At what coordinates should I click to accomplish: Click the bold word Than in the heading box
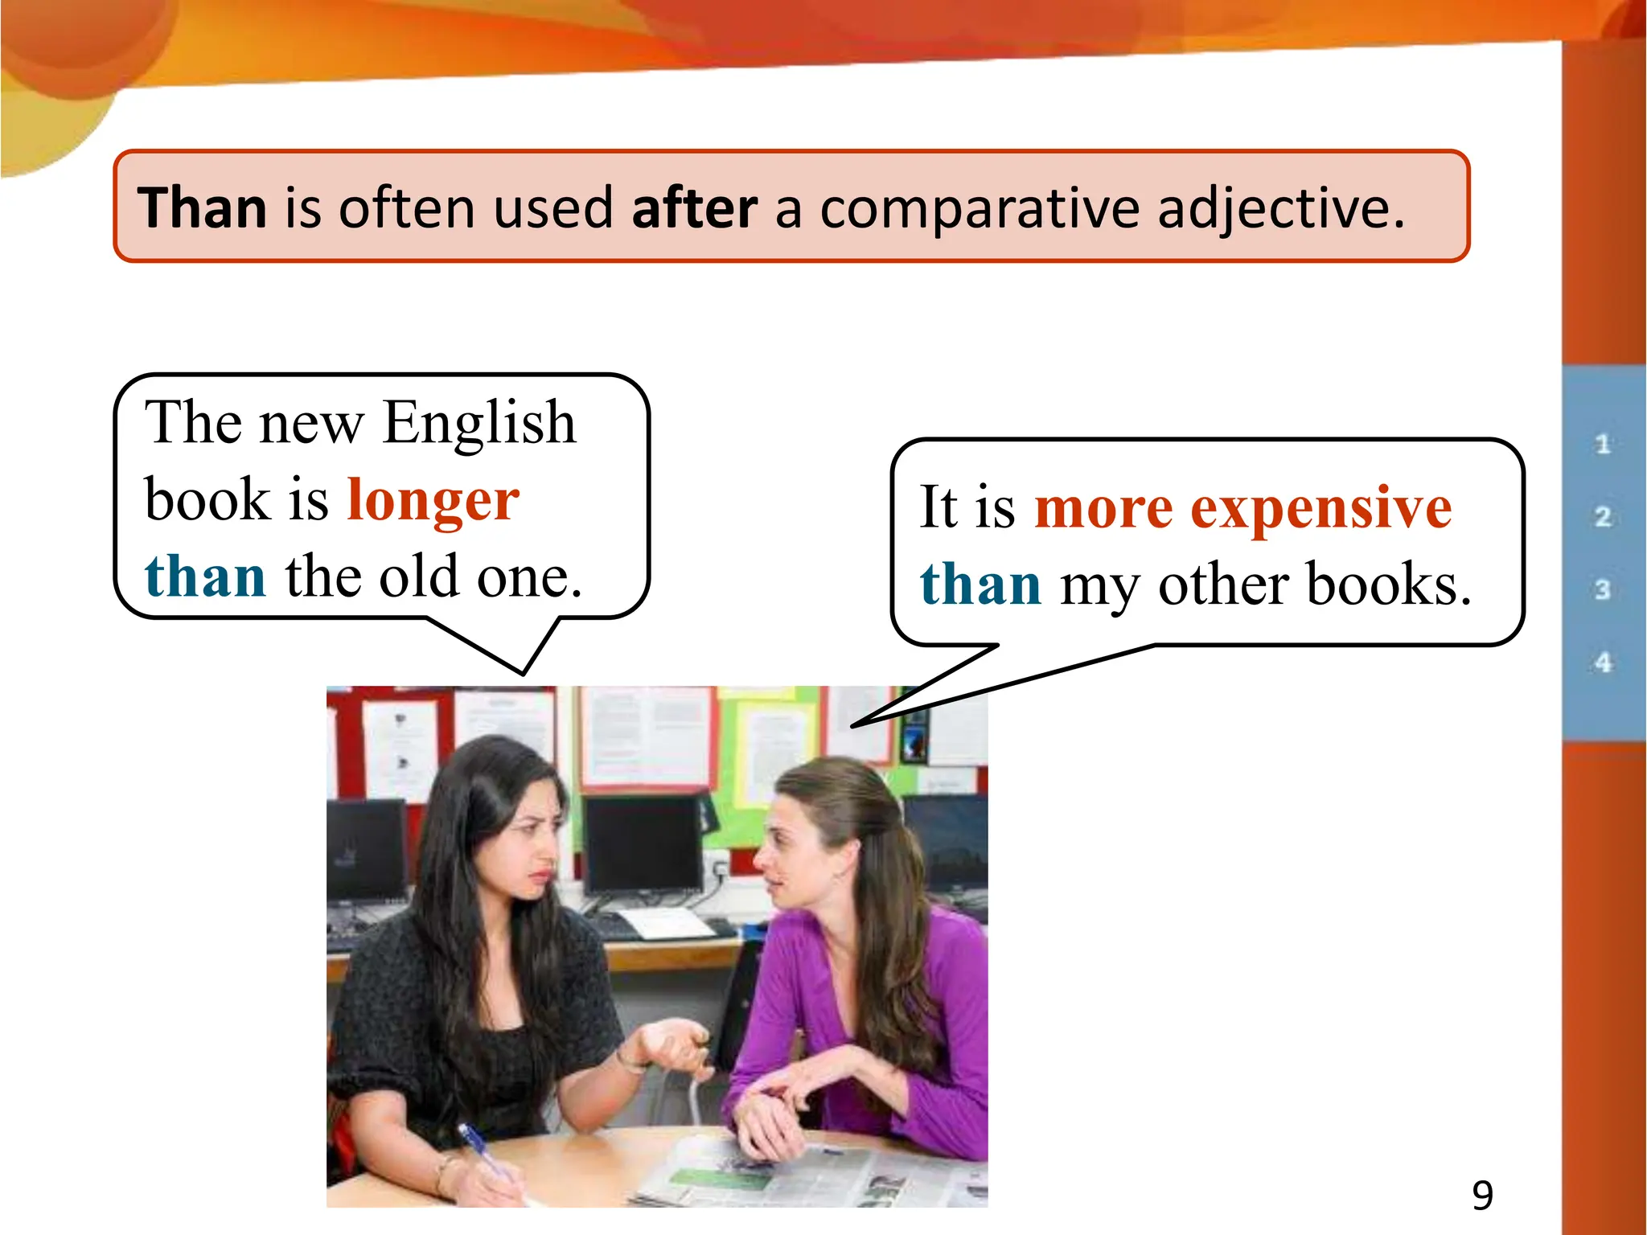[202, 208]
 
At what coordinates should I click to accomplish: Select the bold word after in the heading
[694, 208]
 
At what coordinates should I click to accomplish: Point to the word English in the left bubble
[479, 424]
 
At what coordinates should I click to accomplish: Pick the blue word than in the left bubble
[205, 577]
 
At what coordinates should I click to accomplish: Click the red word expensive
[1320, 509]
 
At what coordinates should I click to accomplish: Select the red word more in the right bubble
[1103, 509]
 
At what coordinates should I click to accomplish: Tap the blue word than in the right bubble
[980, 585]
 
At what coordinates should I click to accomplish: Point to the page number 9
[1482, 1196]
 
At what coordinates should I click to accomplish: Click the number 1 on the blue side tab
[1603, 444]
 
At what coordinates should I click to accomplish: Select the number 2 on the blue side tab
[1603, 516]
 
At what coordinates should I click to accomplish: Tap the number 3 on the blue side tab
[1603, 589]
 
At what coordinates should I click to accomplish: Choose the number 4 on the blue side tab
[1603, 663]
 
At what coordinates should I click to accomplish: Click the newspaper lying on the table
[804, 1174]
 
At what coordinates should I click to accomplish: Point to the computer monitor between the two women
[643, 844]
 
